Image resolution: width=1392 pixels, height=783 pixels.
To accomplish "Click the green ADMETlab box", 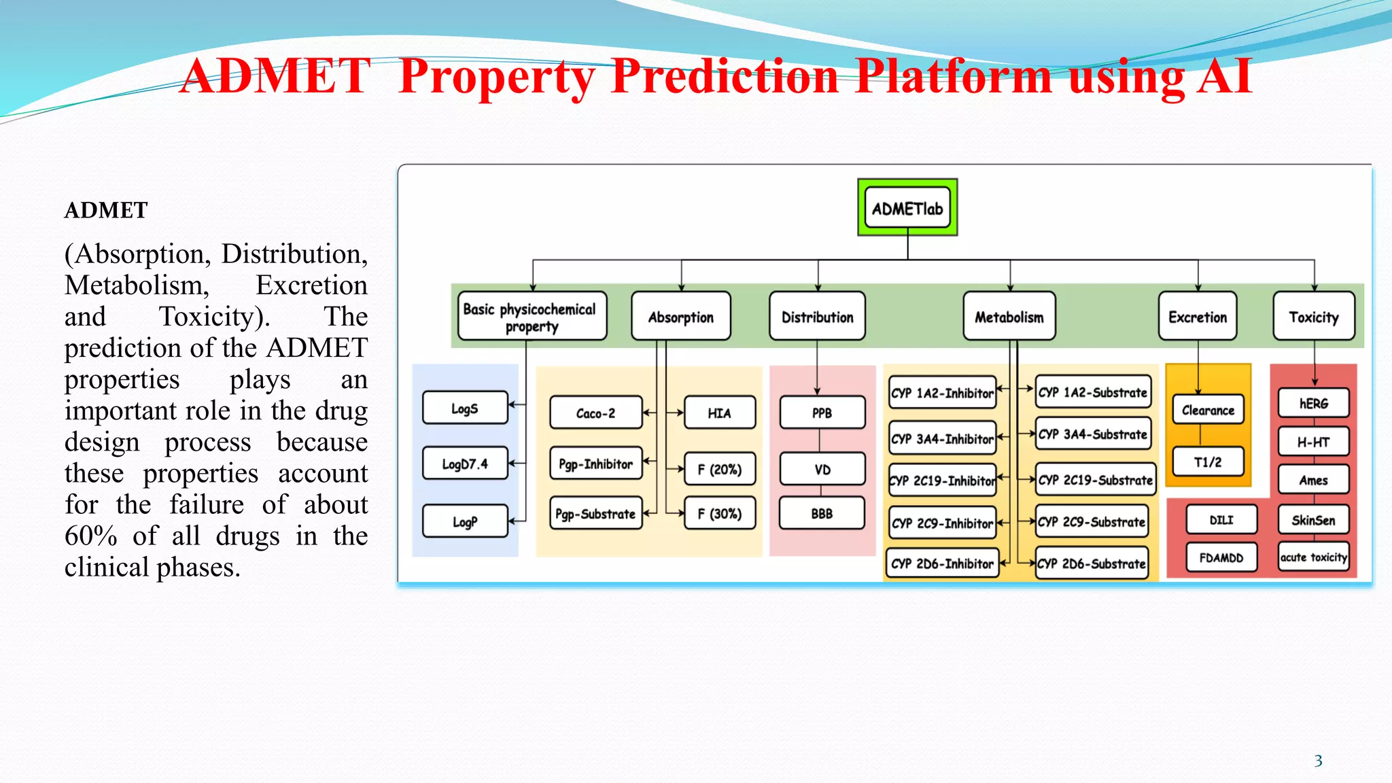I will pyautogui.click(x=907, y=208).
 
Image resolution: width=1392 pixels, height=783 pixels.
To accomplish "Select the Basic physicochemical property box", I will pyautogui.click(x=532, y=316).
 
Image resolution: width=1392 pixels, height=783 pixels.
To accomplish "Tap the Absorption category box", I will pyautogui.click(x=680, y=316).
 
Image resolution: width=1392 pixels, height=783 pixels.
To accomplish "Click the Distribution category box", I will pyautogui.click(x=817, y=316).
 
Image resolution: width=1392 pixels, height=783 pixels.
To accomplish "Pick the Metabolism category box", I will pyautogui.click(x=1009, y=316).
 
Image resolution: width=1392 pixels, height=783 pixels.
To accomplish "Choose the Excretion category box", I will pyautogui.click(x=1198, y=316).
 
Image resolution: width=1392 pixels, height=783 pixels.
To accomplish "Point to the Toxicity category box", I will pyautogui.click(x=1313, y=316).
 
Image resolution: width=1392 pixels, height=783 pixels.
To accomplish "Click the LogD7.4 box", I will pyautogui.click(x=465, y=464).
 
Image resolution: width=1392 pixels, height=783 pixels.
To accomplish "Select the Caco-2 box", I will pyautogui.click(x=595, y=413).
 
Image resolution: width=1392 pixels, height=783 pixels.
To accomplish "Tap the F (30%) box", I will pyautogui.click(x=719, y=513).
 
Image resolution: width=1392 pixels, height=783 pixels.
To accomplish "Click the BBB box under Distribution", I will pyautogui.click(x=822, y=513).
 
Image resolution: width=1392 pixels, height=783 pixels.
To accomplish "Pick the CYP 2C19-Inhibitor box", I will pyautogui.click(x=943, y=481).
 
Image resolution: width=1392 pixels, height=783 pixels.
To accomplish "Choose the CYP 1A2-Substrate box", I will pyautogui.click(x=1092, y=392).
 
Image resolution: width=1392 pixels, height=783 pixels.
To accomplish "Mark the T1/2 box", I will pyautogui.click(x=1208, y=462).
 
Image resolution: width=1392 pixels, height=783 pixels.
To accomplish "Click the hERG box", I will pyautogui.click(x=1313, y=403).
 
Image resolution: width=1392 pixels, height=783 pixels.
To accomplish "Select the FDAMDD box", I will pyautogui.click(x=1221, y=557).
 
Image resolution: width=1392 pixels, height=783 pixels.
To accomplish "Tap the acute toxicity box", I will pyautogui.click(x=1313, y=557).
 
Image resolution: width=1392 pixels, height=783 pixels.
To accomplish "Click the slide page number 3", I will pyautogui.click(x=1318, y=761).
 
